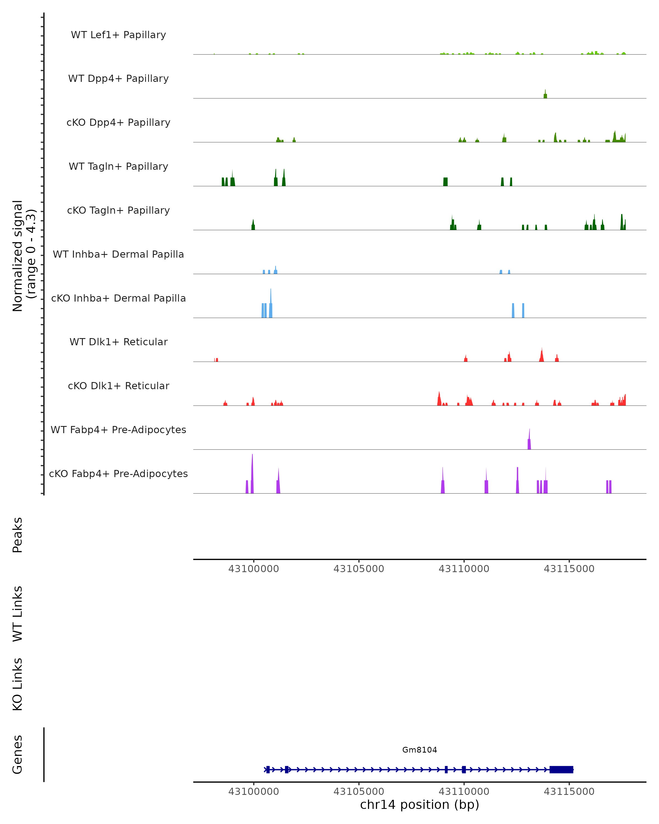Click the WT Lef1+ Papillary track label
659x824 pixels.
[118, 35]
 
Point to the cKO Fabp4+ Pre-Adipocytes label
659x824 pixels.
[118, 474]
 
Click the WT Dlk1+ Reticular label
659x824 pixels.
[118, 342]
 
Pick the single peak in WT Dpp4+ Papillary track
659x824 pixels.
[545, 95]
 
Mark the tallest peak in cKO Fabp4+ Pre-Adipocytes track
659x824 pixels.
[252, 474]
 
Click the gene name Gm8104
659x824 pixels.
[420, 750]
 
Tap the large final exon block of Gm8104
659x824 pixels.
[561, 770]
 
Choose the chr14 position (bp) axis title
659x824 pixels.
[420, 804]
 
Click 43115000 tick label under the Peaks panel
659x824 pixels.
[569, 569]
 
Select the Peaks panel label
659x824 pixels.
[18, 535]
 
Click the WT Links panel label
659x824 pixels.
[18, 613]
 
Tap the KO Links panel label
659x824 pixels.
[18, 684]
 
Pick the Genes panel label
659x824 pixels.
[18, 755]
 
